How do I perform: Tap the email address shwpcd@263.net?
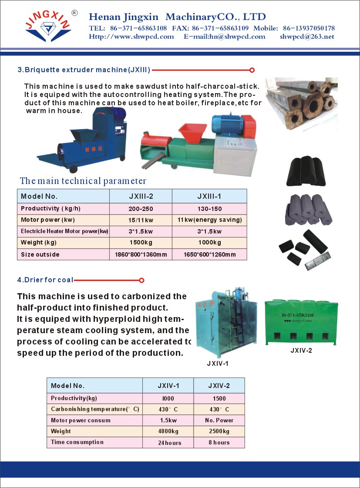(x=307, y=37)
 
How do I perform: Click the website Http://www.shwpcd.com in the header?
(x=131, y=37)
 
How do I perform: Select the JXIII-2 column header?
(x=141, y=196)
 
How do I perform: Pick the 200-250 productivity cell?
(x=141, y=209)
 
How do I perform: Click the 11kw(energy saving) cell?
(x=209, y=220)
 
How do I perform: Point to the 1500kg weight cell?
(x=141, y=242)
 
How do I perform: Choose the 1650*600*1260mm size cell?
(x=209, y=254)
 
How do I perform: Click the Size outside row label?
(x=40, y=254)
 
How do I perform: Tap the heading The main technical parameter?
(x=83, y=181)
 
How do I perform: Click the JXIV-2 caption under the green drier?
(x=301, y=350)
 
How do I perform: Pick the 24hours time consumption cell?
(x=169, y=443)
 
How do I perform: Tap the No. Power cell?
(x=219, y=420)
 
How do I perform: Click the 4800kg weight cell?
(x=168, y=431)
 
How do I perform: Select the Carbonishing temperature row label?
(x=94, y=409)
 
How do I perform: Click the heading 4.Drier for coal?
(x=45, y=280)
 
